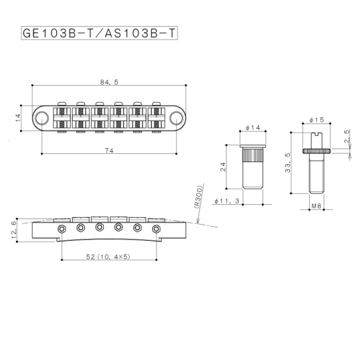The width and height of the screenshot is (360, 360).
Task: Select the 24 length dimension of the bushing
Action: click(222, 166)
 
